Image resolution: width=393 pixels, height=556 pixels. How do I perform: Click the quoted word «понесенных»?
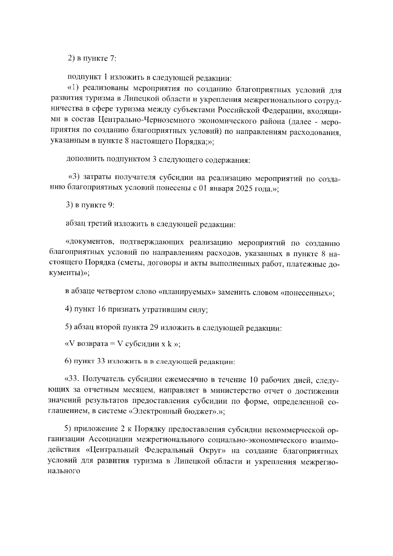pyautogui.click(x=307, y=292)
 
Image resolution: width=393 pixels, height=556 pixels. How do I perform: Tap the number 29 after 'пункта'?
pyautogui.click(x=154, y=327)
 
